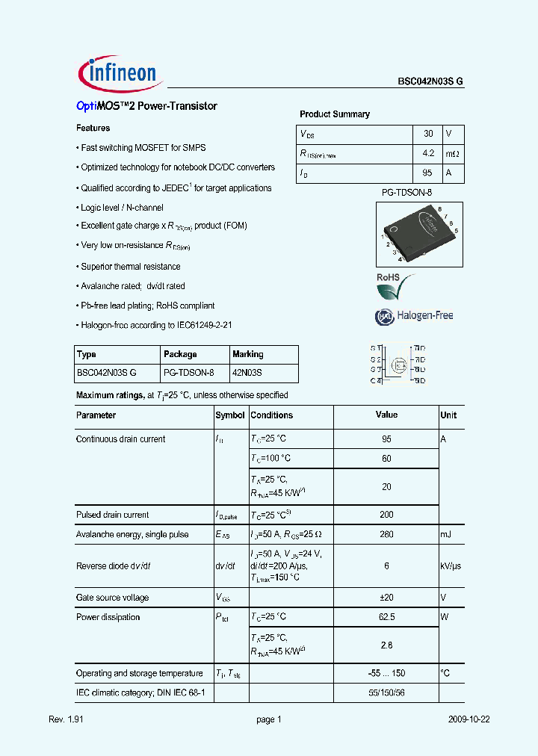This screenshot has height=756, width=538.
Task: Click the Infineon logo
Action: tap(118, 72)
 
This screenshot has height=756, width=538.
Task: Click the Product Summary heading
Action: tap(335, 114)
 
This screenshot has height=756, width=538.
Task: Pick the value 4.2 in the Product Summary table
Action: tap(428, 154)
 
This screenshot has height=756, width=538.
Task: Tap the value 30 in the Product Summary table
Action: tap(428, 134)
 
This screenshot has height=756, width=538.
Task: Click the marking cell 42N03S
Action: tap(247, 373)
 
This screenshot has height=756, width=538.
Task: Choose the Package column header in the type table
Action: tap(180, 354)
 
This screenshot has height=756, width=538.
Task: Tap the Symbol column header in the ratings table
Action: tap(230, 415)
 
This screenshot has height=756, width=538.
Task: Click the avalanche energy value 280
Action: tap(386, 534)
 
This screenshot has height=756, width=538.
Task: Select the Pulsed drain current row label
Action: tap(112, 515)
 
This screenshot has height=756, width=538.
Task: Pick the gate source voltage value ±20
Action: tap(386, 598)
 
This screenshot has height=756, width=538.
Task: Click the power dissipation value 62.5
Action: tap(386, 617)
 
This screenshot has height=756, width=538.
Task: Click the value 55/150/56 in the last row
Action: tap(386, 693)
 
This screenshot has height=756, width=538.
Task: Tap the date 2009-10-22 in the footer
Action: tap(470, 719)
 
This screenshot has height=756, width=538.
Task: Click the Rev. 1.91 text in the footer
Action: tap(64, 719)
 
